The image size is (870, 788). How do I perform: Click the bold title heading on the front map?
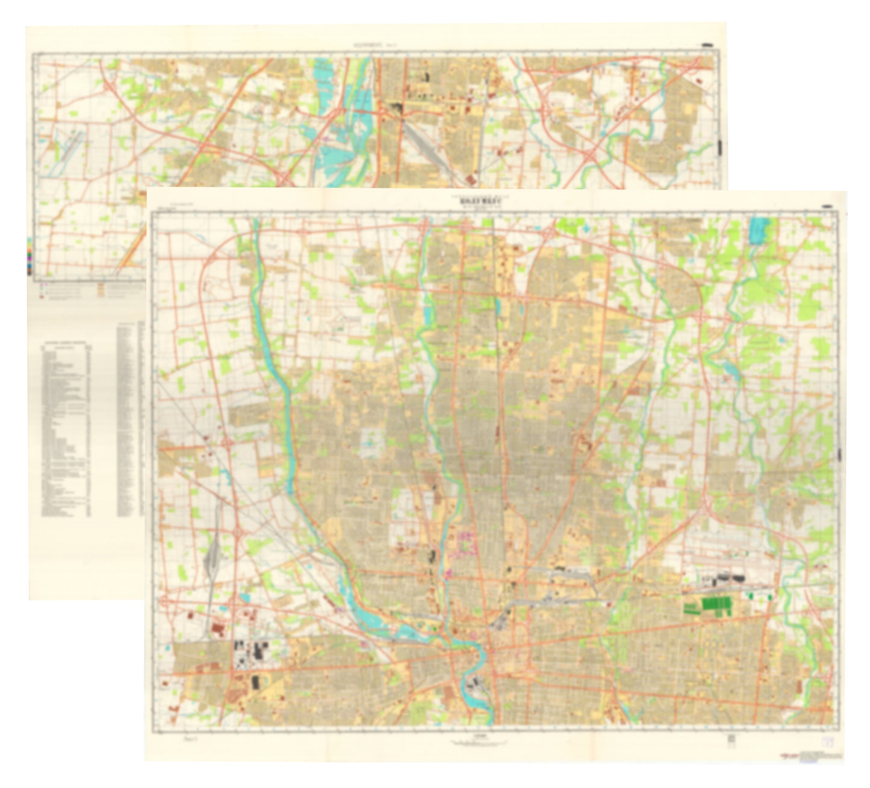pyautogui.click(x=479, y=203)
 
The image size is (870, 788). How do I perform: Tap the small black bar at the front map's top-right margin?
pyautogui.click(x=827, y=206)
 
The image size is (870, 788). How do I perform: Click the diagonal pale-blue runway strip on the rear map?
pyautogui.click(x=66, y=150)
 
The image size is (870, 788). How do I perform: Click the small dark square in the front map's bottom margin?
pyautogui.click(x=732, y=739)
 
